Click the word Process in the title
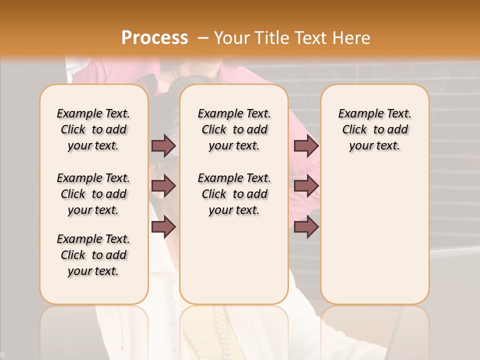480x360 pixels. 154,38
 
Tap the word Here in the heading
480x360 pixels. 352,38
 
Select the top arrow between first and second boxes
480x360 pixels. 163,145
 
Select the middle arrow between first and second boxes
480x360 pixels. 163,186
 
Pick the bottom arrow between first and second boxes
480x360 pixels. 163,226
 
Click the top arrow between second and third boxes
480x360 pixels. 306,145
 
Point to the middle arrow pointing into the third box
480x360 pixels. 306,186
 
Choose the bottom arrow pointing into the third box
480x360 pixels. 306,226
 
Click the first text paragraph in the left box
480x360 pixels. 93,129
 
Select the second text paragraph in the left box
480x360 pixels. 93,194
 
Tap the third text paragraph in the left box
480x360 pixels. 93,255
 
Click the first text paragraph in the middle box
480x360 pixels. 234,129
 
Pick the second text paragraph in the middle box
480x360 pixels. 234,194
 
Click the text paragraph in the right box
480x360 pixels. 374,129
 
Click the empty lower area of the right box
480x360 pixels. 374,240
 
